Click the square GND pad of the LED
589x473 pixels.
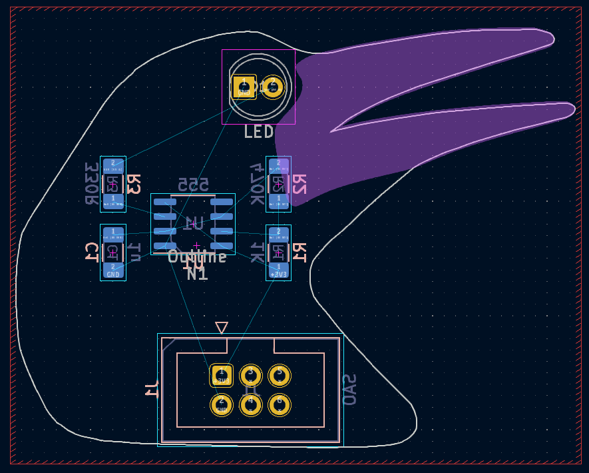click(244, 87)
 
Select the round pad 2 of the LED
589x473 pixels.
click(273, 87)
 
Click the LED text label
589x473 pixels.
click(259, 132)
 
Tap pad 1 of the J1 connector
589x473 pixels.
click(222, 375)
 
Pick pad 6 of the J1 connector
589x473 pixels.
click(280, 404)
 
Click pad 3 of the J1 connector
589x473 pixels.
click(251, 375)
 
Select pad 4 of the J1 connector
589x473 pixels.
click(251, 404)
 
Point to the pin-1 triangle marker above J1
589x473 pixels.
click(222, 327)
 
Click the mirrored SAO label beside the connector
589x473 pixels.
click(349, 390)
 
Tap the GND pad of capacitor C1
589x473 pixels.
click(113, 269)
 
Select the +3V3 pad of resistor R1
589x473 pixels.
click(278, 269)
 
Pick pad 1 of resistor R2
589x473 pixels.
click(278, 201)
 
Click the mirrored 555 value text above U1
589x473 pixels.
click(193, 185)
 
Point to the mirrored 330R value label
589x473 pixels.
click(91, 184)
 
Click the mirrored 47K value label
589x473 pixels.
click(256, 184)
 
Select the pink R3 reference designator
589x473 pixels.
click(134, 184)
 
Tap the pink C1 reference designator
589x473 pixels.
click(91, 252)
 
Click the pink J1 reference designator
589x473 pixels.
click(152, 389)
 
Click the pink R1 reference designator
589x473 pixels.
click(299, 252)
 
